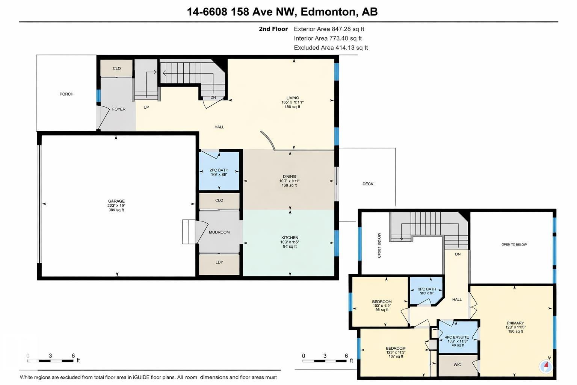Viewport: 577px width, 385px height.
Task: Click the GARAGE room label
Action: (116, 201)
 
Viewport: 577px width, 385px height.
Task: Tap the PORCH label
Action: (66, 94)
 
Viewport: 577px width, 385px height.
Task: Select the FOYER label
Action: (119, 109)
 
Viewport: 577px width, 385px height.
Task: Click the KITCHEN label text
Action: (290, 238)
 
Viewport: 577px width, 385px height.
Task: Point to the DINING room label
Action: (289, 176)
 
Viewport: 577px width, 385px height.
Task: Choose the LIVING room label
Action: (293, 98)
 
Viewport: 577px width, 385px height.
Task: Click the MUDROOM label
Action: (219, 232)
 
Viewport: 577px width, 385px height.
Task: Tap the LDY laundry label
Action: (219, 262)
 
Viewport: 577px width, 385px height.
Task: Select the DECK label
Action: (368, 184)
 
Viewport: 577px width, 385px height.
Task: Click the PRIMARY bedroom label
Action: (515, 323)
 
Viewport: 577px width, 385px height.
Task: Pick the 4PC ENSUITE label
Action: (456, 337)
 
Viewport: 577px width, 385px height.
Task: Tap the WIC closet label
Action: (457, 365)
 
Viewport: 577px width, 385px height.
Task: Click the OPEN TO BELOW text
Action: (514, 244)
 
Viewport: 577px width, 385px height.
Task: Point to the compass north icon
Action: (546, 366)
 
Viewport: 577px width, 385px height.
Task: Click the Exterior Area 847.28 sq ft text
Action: (329, 29)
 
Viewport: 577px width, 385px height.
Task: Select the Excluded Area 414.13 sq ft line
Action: (331, 48)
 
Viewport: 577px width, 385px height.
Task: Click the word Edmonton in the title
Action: (328, 12)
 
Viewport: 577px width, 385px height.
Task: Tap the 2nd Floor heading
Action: (273, 29)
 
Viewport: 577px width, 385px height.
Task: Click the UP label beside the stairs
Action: (146, 107)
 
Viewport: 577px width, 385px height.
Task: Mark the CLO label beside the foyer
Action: (117, 68)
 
